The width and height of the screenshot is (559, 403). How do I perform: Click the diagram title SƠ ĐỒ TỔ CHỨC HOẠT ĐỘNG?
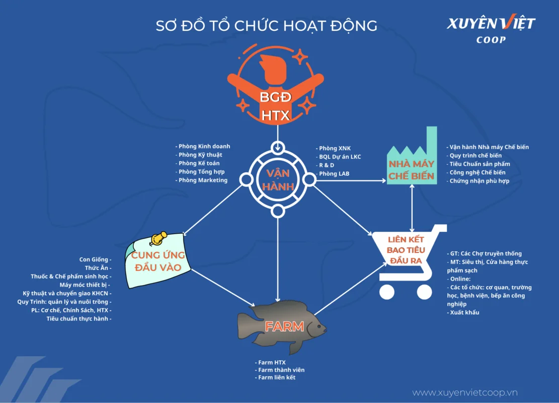[x=266, y=26]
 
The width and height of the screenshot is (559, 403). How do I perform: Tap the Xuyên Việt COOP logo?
[x=491, y=29]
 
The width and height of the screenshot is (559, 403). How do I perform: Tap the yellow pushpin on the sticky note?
[x=159, y=238]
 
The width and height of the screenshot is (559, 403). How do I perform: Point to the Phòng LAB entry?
[x=334, y=174]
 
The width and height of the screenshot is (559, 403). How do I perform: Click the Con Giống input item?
[x=95, y=259]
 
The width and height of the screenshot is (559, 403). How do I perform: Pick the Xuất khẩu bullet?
[x=464, y=312]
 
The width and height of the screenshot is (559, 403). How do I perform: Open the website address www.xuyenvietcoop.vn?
[x=465, y=392]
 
